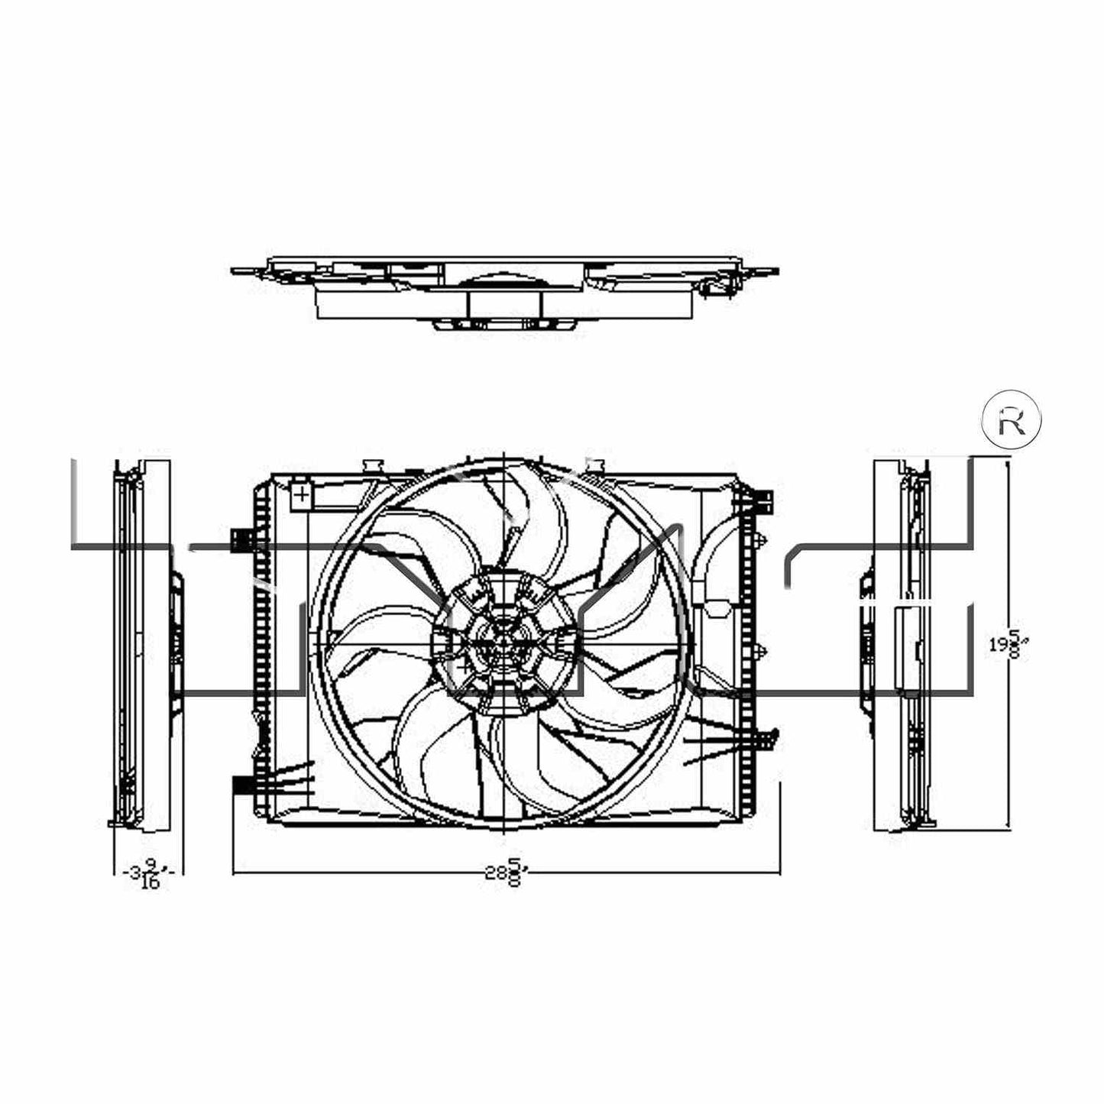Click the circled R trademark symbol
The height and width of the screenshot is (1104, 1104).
(x=1011, y=421)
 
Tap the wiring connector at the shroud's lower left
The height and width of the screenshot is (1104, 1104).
(x=241, y=785)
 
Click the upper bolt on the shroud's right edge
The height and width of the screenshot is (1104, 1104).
(x=762, y=541)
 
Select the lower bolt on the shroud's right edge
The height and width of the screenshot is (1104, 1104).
(x=762, y=651)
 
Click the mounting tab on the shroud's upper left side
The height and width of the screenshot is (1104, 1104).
(x=241, y=538)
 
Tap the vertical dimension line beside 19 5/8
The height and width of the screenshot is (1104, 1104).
(x=1011, y=535)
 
